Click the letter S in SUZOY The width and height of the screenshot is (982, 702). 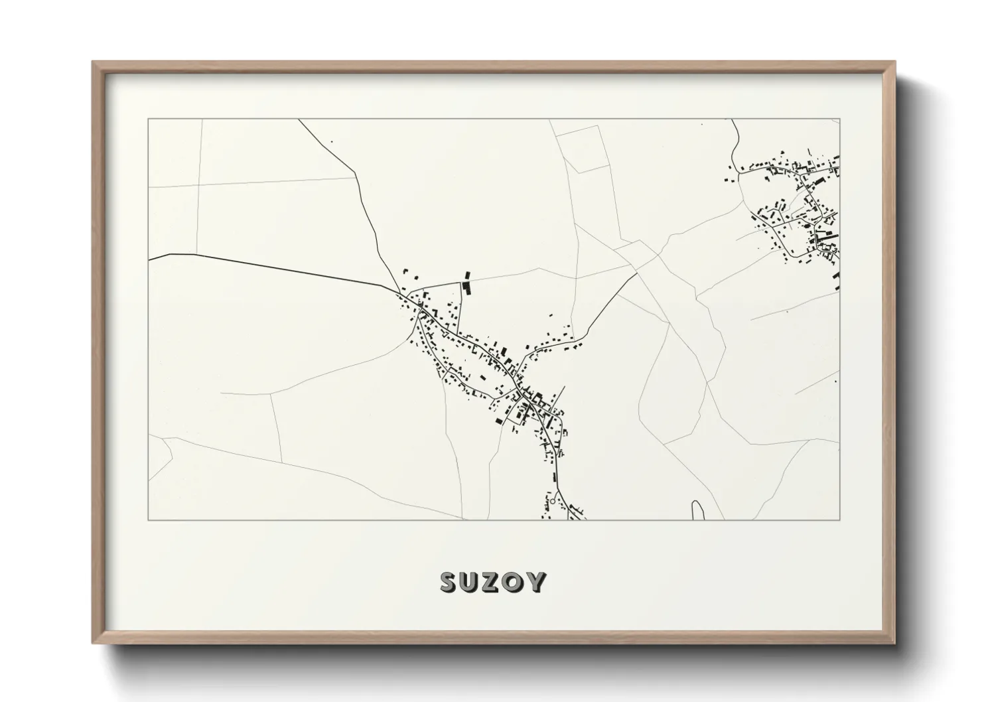pos(449,582)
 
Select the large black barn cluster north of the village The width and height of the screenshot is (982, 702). pos(466,283)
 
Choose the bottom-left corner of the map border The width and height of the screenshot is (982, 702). pos(148,520)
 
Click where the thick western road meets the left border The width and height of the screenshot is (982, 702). pos(149,259)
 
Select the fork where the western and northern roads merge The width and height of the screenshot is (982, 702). pos(399,291)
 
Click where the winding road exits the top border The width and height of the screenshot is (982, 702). pos(733,119)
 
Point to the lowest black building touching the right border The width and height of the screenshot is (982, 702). pos(837,281)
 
